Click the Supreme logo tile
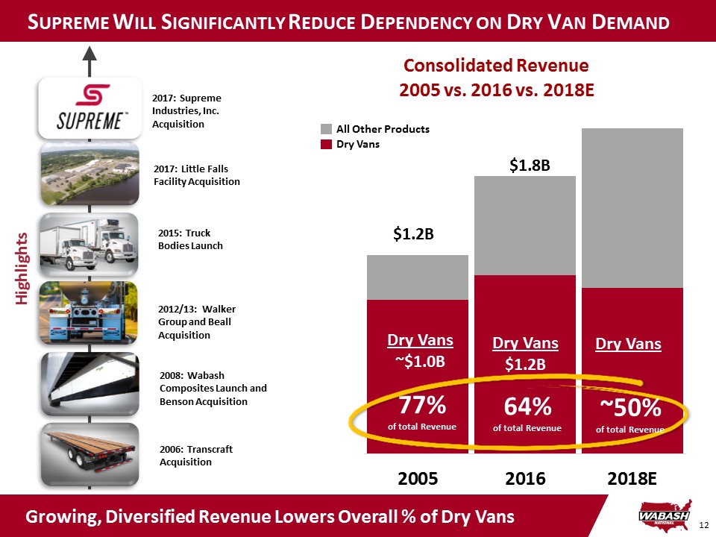pos(89,108)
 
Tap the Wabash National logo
pos(663,515)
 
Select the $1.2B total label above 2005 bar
pos(414,234)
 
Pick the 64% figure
pos(527,407)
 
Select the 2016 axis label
pos(526,477)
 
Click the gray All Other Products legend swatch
pos(325,130)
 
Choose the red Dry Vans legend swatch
pos(325,145)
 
